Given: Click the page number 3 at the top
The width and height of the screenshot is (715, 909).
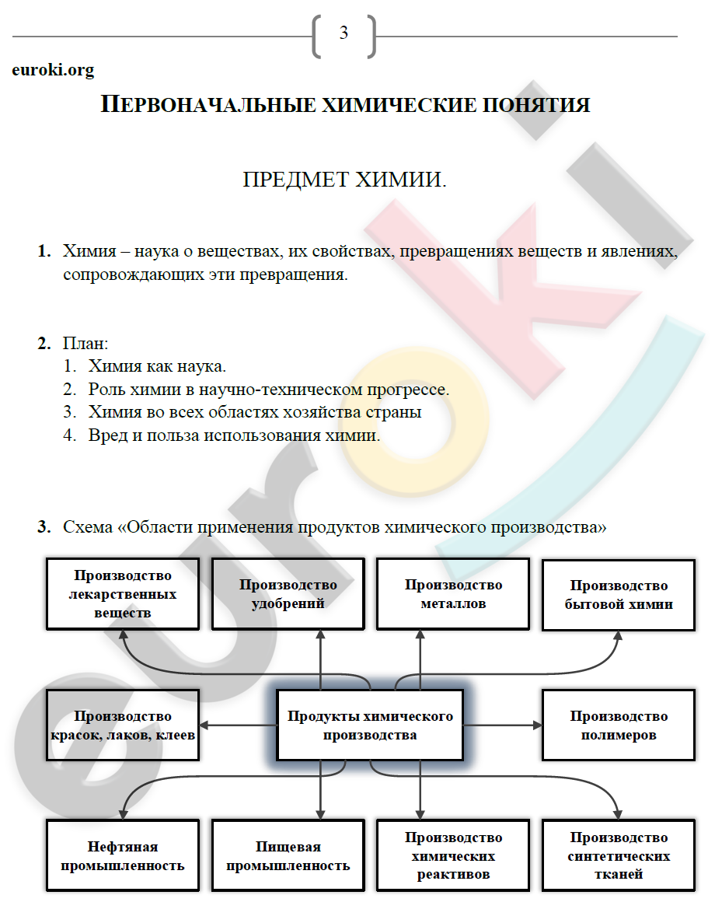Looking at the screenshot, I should (344, 33).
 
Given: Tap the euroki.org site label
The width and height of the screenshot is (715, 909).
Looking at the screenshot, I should (53, 70).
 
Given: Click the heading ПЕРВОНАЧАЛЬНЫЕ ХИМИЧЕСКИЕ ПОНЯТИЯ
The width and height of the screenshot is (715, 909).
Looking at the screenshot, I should (345, 105).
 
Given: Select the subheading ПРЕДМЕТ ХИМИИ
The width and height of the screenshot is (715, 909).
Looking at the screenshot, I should (345, 180).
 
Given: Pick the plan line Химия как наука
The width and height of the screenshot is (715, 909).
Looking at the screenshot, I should (157, 365).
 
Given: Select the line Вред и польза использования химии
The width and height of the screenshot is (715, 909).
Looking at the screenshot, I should (234, 435).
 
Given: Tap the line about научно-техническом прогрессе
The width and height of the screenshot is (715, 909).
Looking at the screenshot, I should (269, 389).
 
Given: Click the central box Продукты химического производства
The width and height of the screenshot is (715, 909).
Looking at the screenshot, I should (370, 725).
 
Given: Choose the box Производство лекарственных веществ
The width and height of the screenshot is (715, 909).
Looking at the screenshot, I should (123, 593).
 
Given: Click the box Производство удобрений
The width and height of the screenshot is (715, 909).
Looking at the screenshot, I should (288, 593).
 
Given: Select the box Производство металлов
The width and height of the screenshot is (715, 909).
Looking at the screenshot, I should (453, 593).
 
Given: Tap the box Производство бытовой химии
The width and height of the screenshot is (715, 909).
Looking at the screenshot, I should (619, 594).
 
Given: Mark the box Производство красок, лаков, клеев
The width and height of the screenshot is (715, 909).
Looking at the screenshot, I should (123, 725).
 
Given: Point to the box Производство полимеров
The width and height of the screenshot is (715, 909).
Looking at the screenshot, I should (619, 725).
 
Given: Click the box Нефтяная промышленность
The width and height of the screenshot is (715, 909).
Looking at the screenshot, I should (123, 855).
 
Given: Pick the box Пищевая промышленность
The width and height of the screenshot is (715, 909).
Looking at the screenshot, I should (288, 855).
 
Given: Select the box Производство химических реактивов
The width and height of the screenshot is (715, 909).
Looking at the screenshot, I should (453, 855).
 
